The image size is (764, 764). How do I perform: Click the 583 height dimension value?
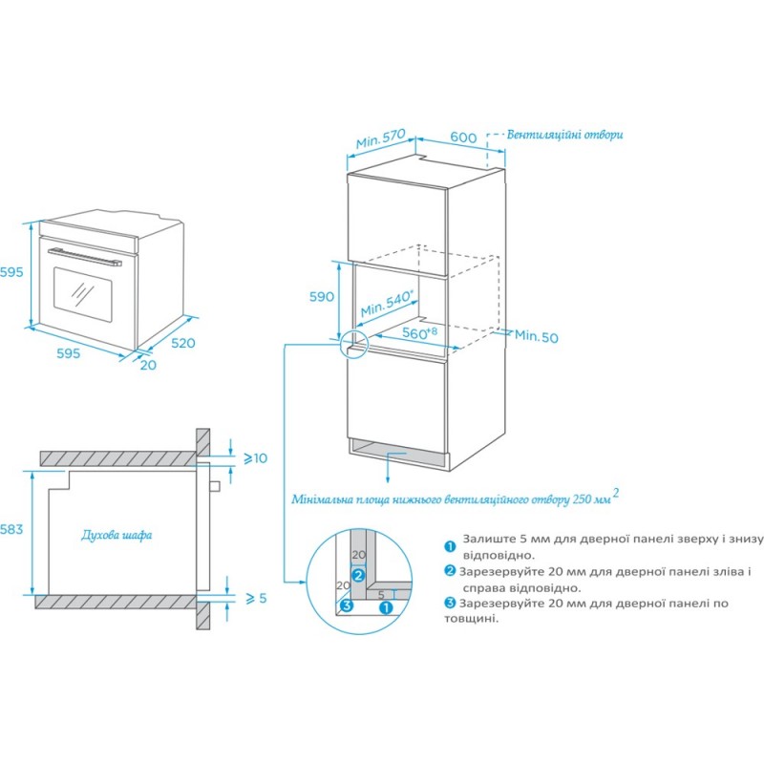11,528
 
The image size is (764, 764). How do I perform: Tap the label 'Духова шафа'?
117,535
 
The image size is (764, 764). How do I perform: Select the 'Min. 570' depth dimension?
382,140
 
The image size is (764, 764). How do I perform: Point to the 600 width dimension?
463,138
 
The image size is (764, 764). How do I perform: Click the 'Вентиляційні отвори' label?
564,135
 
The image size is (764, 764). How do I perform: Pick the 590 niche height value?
321,296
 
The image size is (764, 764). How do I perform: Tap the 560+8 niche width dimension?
419,333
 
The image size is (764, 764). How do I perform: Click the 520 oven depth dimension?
182,342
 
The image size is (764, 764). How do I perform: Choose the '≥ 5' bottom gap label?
254,598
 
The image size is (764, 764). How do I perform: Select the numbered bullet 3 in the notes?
449,603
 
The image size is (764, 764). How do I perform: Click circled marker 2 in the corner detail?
357,575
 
